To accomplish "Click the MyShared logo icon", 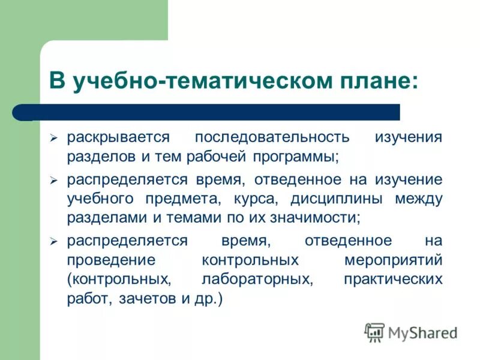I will [x=374, y=332].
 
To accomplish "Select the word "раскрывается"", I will [x=118, y=137].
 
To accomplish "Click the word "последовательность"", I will [x=272, y=137].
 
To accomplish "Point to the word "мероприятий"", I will [x=394, y=261].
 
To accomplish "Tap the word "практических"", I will [x=394, y=280].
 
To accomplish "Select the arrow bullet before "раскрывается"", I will [x=53, y=139].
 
